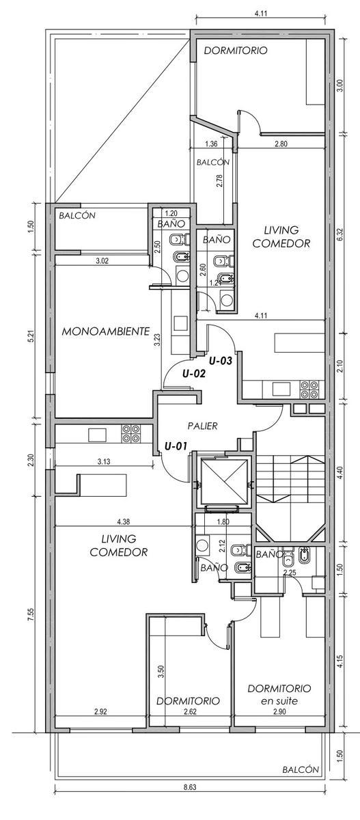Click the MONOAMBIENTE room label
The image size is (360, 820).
[106, 331]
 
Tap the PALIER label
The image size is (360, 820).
[202, 426]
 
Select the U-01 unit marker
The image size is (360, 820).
[176, 446]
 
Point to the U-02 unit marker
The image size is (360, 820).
[194, 374]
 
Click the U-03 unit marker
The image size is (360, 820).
[221, 361]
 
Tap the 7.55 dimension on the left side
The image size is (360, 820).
[31, 614]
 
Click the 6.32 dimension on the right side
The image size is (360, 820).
[341, 234]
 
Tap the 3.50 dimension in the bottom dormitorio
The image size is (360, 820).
[162, 672]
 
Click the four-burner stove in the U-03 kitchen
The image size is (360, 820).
[309, 389]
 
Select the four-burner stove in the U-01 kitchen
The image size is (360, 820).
[131, 433]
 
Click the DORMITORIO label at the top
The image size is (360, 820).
[236, 51]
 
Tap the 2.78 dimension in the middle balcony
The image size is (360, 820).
[219, 181]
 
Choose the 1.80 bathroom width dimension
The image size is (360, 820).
[223, 522]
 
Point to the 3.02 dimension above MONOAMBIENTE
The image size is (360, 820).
[102, 261]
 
